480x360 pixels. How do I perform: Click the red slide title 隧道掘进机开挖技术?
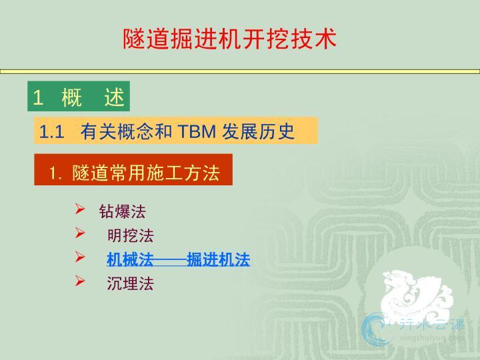[x=229, y=39]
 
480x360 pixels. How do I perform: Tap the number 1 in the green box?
[x=38, y=97]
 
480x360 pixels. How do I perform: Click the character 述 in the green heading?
[x=114, y=97]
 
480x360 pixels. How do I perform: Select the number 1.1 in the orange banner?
[x=51, y=132]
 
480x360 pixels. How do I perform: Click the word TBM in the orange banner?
[x=197, y=131]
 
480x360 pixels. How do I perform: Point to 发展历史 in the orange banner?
[x=258, y=131]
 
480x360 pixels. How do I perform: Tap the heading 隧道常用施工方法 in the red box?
[x=146, y=173]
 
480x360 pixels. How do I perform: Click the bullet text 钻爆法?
[x=122, y=211]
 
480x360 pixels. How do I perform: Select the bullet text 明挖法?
[x=131, y=235]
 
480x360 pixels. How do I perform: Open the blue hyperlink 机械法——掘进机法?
[x=179, y=259]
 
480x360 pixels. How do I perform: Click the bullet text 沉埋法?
[x=131, y=283]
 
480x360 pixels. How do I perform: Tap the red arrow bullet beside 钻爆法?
[x=80, y=209]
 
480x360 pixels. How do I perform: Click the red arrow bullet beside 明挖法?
[x=80, y=233]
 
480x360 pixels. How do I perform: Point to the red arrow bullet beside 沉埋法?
[x=80, y=281]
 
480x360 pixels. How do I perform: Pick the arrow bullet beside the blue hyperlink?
[x=80, y=257]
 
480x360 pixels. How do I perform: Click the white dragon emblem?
[x=416, y=295]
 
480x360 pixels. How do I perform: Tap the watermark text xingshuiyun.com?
[x=431, y=337]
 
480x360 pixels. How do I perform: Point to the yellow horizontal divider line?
[x=240, y=71]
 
